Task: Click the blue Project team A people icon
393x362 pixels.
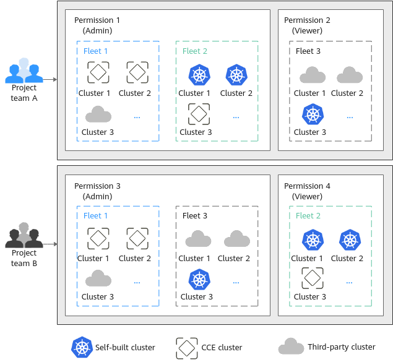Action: [24, 71]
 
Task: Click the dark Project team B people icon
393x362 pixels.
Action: [24, 235]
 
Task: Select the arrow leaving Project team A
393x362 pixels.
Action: [50, 79]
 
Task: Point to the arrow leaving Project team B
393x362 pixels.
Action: [50, 244]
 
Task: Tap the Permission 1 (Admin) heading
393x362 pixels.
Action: [97, 25]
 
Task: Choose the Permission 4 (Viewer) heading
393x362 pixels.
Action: [307, 191]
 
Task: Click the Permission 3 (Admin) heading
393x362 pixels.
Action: [97, 191]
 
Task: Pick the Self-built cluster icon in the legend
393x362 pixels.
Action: [82, 347]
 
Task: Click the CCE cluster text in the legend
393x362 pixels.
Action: [222, 348]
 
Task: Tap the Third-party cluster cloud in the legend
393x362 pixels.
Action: [292, 346]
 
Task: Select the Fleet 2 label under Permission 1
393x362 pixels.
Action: [195, 51]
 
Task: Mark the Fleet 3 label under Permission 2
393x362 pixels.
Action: [308, 51]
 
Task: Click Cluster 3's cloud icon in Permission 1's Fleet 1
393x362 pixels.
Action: [98, 114]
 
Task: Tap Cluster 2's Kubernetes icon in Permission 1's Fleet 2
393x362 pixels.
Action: [236, 75]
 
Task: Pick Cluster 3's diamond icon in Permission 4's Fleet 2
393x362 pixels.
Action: [313, 278]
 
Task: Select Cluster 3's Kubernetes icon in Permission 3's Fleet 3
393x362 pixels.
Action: [199, 279]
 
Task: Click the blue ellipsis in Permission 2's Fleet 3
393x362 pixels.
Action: [350, 117]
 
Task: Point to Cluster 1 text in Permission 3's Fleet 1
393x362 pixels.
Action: [93, 258]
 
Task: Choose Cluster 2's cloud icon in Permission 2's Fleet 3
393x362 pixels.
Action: [350, 75]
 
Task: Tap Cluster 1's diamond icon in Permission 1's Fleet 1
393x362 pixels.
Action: [98, 72]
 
